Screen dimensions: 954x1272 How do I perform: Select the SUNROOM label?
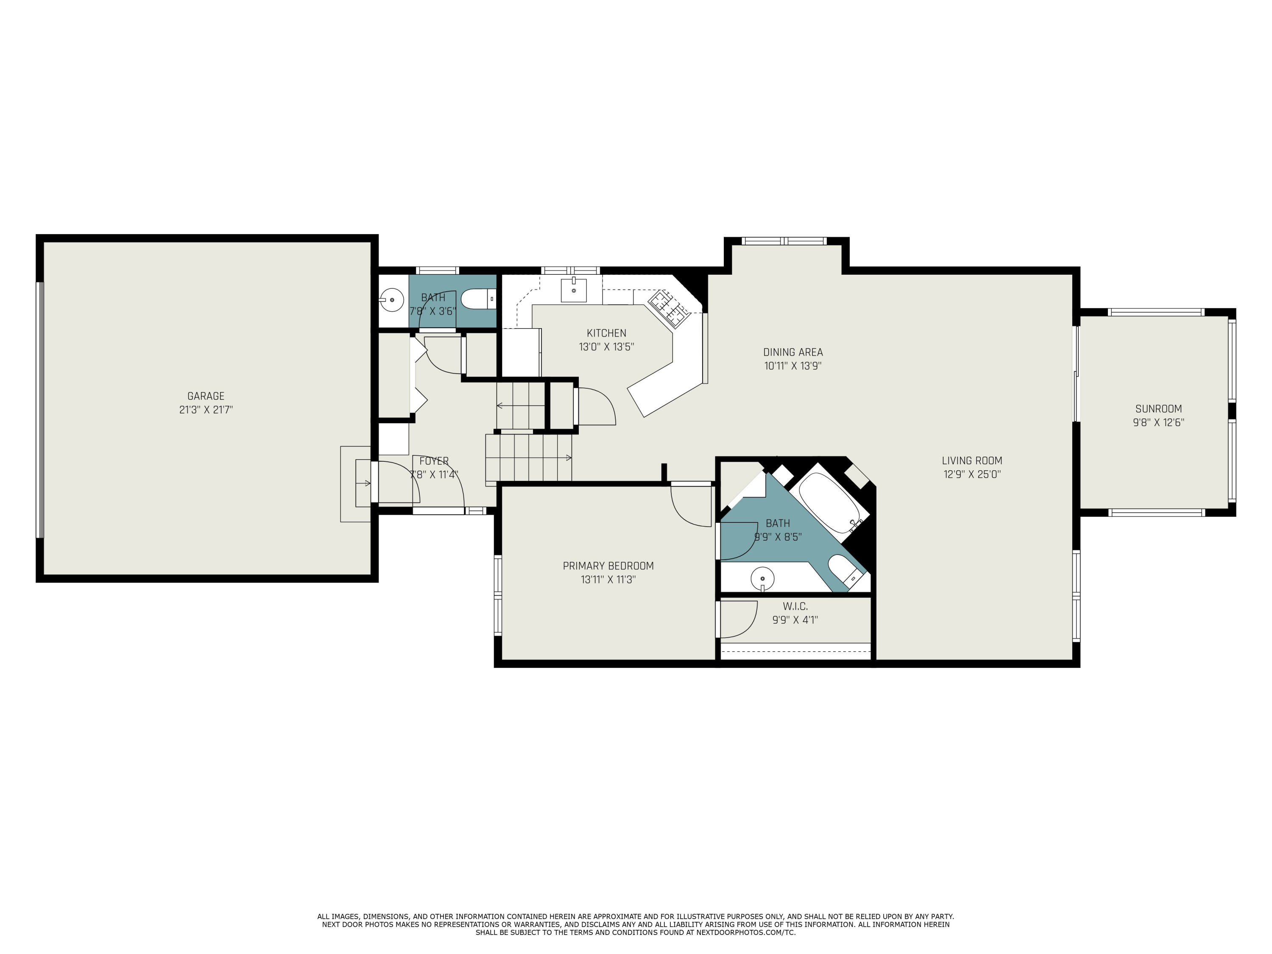click(1158, 409)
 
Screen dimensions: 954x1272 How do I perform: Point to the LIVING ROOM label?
click(972, 460)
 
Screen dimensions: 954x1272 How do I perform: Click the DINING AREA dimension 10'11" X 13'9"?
click(792, 366)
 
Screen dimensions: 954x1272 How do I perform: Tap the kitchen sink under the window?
click(573, 290)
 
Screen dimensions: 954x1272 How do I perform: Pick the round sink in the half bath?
click(392, 300)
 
